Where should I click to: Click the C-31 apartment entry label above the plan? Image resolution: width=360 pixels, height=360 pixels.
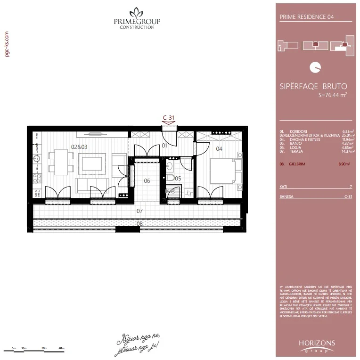coord(169,118)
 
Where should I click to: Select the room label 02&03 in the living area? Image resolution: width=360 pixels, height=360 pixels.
coord(79,147)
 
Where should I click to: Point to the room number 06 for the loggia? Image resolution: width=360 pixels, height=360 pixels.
coord(147,180)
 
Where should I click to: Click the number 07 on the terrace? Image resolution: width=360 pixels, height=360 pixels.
coord(139,211)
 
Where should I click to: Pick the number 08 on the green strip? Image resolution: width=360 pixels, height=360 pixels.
coord(139,223)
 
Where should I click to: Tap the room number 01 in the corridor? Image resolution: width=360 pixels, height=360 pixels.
coord(165,146)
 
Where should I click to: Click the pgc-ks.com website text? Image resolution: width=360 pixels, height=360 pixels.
coord(7,45)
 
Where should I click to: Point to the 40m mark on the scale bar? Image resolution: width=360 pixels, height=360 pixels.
coord(61,348)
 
